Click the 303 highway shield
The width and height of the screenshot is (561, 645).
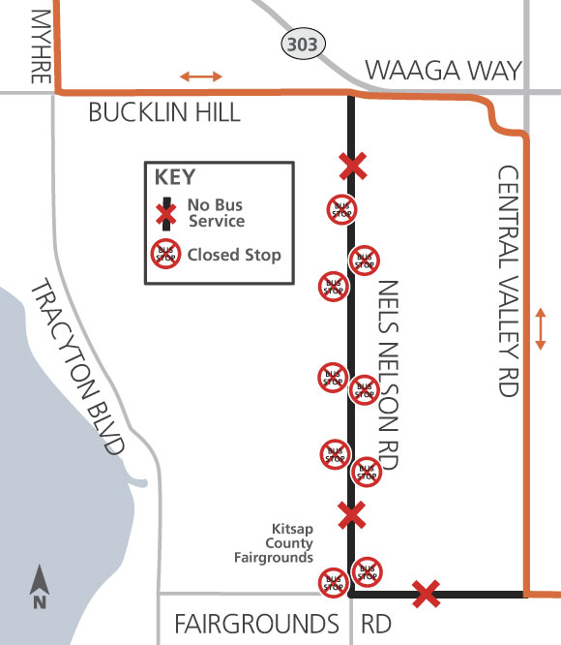click(x=304, y=44)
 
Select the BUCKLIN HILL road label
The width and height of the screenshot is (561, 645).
click(x=164, y=113)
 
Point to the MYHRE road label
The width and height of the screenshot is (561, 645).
click(x=41, y=46)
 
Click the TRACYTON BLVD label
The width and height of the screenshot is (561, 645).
click(x=78, y=367)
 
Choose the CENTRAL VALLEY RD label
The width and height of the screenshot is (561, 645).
click(x=508, y=281)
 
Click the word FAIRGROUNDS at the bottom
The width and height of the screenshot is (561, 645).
click(x=255, y=622)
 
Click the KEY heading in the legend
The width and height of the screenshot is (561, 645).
click(x=174, y=177)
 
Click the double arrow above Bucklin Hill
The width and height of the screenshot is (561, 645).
click(x=199, y=76)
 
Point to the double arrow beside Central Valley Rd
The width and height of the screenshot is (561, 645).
click(x=541, y=329)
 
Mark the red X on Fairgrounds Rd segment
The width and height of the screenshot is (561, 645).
click(x=426, y=593)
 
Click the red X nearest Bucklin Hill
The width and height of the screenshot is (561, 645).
click(x=353, y=166)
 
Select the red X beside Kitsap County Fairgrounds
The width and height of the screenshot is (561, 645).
click(x=352, y=514)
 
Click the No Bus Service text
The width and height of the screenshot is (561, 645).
click(x=216, y=213)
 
